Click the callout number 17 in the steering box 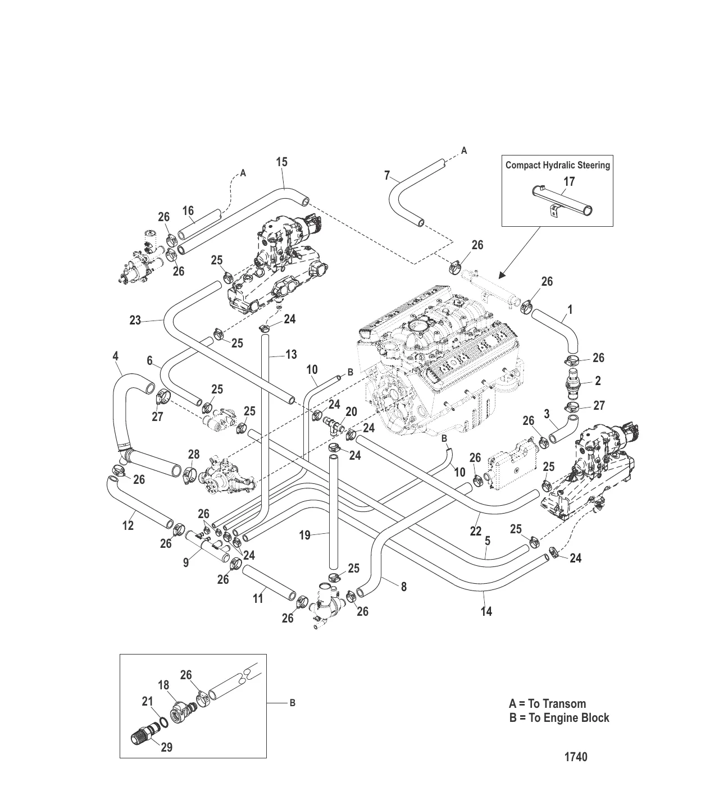coord(569,182)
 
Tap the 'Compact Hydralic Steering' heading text coord(557,165)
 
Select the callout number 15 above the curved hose coord(281,162)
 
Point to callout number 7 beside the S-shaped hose coord(387,176)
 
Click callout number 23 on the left coord(135,321)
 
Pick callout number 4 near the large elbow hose coord(115,356)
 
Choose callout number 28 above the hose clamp coord(194,454)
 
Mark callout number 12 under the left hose coord(128,525)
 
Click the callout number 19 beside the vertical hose coord(304,535)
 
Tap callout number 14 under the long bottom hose coord(486,611)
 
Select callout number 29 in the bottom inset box coord(166,747)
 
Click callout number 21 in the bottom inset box coord(147,701)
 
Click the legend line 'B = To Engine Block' coord(559,718)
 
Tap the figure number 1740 coord(576,757)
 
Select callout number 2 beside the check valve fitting coord(598,381)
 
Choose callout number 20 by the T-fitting coord(351,411)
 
